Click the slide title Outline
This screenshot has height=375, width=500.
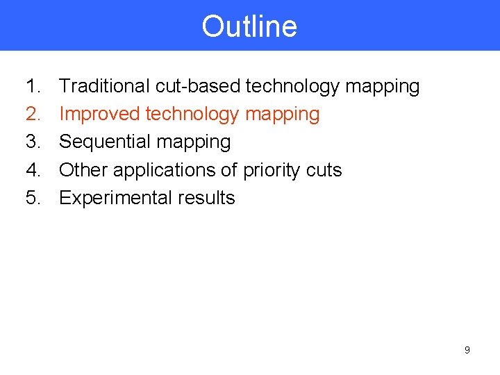click(249, 26)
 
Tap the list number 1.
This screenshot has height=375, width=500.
click(33, 86)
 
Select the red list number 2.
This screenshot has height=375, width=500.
click(33, 114)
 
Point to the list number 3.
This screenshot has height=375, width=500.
click(33, 142)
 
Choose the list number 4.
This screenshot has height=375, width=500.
click(33, 170)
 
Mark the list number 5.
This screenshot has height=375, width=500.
click(33, 198)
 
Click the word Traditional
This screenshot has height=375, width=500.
click(104, 86)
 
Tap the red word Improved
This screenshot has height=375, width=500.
click(99, 114)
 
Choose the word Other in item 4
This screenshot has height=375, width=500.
click(83, 170)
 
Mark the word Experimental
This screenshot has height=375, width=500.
click(115, 199)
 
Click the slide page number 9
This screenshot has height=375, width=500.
click(467, 350)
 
